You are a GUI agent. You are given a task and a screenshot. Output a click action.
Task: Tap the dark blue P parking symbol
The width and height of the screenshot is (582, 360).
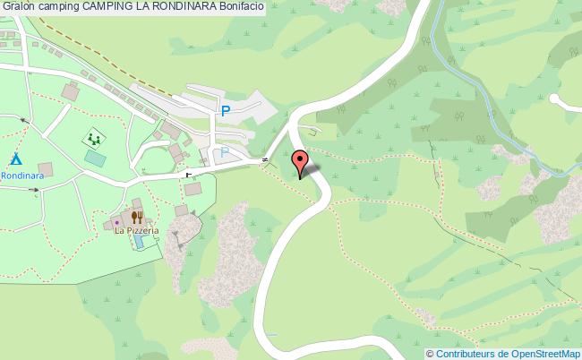click(x=226, y=112)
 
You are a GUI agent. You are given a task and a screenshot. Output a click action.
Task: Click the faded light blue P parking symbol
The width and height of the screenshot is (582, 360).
click(x=224, y=153)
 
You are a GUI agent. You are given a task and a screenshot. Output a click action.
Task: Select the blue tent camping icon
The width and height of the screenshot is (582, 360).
click(x=15, y=159)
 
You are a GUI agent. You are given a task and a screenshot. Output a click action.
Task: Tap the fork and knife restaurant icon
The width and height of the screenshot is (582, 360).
click(x=137, y=217)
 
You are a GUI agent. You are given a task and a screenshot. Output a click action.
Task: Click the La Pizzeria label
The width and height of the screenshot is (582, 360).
click(x=136, y=230)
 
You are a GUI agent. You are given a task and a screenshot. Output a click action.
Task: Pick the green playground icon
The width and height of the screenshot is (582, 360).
click(x=93, y=139)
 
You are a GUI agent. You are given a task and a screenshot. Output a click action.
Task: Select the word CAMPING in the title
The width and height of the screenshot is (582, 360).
click(x=109, y=6)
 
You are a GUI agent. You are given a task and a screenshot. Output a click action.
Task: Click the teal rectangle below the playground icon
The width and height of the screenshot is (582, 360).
click(x=94, y=157)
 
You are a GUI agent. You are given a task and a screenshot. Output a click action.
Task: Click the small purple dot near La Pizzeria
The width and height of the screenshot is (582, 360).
click(x=116, y=221)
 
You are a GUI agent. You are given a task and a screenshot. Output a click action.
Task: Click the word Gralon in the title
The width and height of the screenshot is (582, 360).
click(x=17, y=6)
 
